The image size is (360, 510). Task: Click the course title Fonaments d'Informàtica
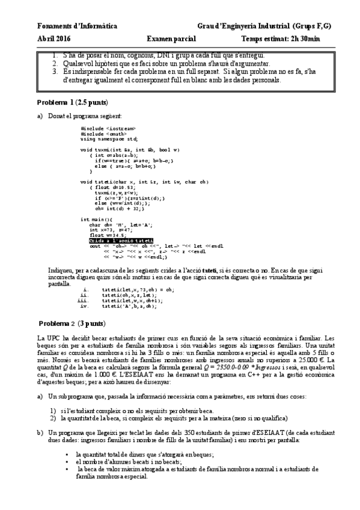pyautogui.click(x=69, y=27)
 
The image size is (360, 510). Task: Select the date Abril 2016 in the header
pyautogui.click(x=53, y=38)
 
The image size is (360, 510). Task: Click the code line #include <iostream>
pyautogui.click(x=108, y=128)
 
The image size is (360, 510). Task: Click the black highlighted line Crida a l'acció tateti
pyautogui.click(x=117, y=240)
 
